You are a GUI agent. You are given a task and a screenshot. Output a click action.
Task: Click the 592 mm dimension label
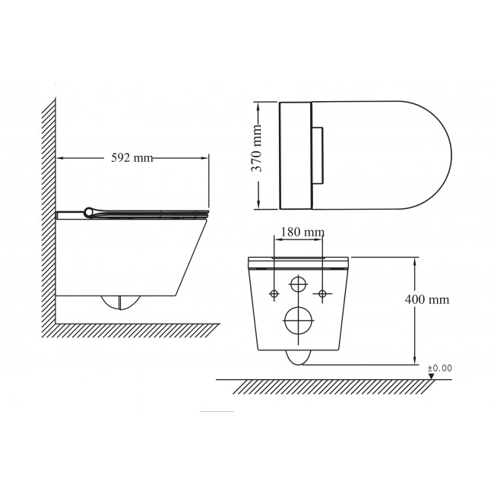click(x=132, y=157)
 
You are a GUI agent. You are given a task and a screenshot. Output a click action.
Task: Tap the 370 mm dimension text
click(x=257, y=148)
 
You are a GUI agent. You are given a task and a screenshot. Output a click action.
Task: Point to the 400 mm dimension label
click(x=427, y=299)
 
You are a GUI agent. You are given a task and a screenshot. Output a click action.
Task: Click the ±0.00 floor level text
click(x=440, y=368)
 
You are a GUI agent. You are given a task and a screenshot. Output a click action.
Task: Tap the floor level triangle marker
click(x=432, y=376)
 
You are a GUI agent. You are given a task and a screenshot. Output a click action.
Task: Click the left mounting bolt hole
click(x=274, y=294)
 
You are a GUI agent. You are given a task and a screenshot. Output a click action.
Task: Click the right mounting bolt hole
click(x=322, y=294)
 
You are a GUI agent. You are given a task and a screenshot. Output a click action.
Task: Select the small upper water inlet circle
click(x=298, y=284)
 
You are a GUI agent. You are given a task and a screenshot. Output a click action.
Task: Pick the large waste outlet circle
click(x=299, y=320)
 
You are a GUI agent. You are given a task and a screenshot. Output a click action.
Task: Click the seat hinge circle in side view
click(x=88, y=212)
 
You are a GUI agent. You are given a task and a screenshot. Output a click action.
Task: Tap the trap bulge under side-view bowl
click(x=120, y=302)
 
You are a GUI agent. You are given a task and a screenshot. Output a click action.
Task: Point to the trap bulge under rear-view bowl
click(x=299, y=358)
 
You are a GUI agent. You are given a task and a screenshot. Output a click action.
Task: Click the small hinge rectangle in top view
click(x=318, y=155)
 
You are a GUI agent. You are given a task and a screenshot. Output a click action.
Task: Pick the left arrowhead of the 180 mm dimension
click(x=279, y=239)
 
